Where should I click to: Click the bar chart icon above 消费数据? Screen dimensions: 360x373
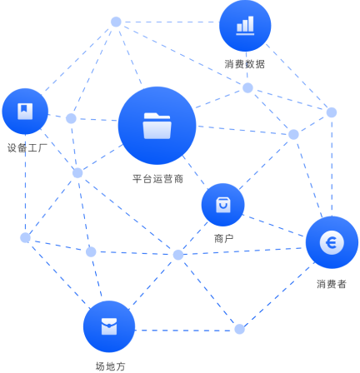coord(245,26)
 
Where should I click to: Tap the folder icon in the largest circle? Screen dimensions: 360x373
coord(157,126)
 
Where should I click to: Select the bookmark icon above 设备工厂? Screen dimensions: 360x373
coord(25,112)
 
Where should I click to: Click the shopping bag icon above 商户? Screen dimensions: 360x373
coord(222,205)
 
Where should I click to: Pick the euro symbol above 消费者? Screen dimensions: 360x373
coord(332,242)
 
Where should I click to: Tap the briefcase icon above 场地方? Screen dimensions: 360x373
coord(109,326)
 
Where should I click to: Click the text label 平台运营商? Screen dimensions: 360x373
coord(157,179)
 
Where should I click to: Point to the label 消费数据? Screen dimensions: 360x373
coord(245,64)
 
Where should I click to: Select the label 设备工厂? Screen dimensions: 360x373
coord(27,147)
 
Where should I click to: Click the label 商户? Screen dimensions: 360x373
coord(223,238)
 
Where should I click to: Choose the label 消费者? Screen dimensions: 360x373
coord(332,284)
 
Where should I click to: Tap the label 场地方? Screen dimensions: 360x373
coord(110,366)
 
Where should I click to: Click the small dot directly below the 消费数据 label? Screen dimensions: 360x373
coord(247,87)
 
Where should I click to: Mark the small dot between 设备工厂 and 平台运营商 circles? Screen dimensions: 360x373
coord(71,118)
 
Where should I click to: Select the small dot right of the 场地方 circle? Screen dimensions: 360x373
coord(239,329)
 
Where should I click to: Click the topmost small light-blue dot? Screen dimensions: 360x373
coord(116,22)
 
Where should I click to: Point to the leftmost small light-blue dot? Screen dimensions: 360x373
coord(25,237)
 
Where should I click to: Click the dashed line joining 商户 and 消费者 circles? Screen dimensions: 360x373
coord(274,226)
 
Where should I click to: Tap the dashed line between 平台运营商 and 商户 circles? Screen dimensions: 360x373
coord(195,172)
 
